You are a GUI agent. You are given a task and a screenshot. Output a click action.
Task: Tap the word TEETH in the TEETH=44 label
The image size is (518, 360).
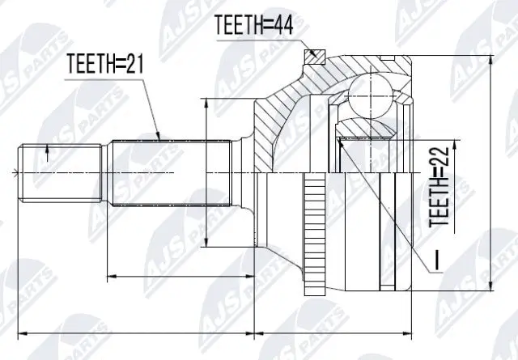240,25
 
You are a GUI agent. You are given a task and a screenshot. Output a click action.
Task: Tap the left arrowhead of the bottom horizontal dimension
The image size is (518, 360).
21,332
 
